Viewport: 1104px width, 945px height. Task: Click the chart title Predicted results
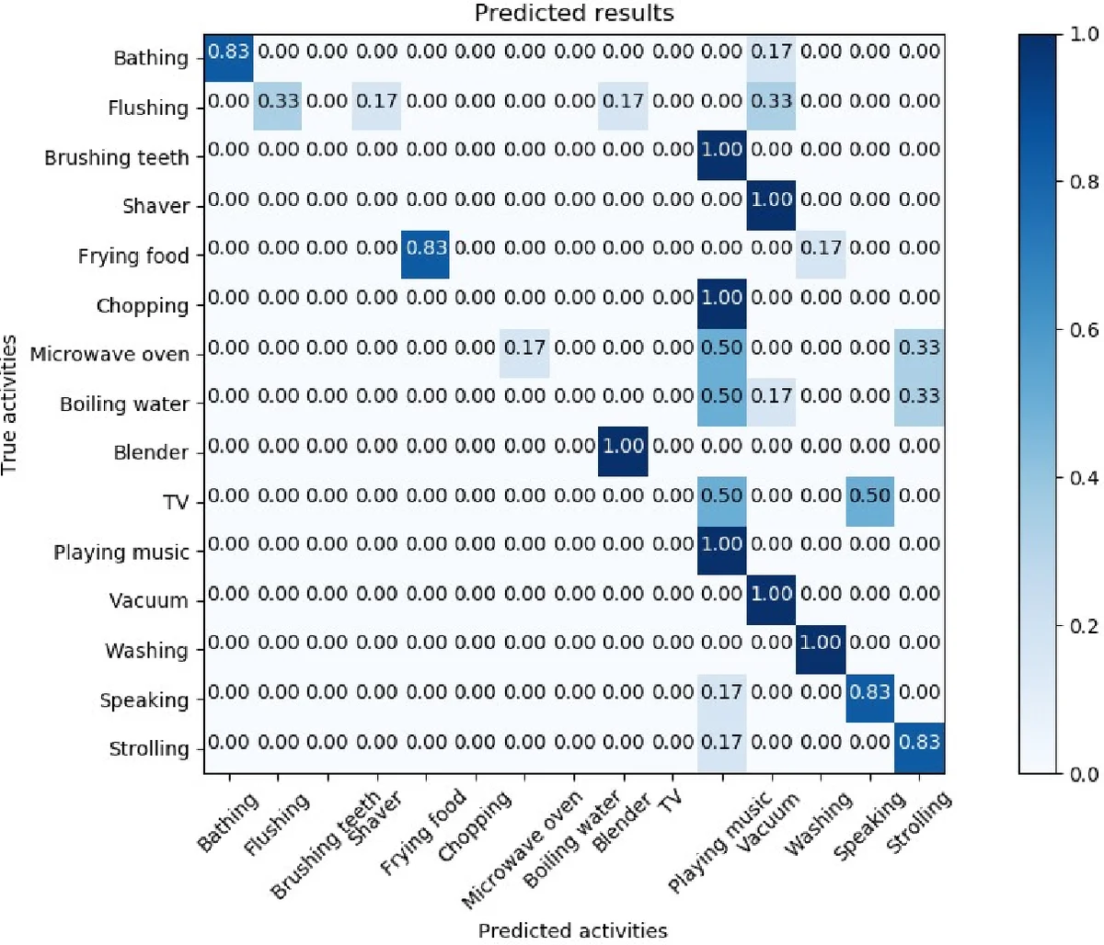pos(574,14)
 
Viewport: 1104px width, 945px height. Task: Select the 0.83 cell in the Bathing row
pos(229,51)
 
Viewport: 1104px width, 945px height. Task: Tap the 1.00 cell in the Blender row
pos(623,446)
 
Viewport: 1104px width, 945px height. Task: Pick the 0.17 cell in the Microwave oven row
pos(524,347)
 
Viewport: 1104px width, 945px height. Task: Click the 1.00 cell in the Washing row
pos(820,643)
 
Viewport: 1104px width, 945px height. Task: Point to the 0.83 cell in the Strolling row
pos(919,741)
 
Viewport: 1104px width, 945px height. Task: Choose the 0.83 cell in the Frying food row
pos(426,248)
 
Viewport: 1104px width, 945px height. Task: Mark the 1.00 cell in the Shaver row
pos(771,199)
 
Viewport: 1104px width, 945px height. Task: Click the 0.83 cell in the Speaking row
pos(869,692)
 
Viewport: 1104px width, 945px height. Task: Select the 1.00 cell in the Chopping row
pos(722,298)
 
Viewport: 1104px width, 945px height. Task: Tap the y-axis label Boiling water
pos(124,404)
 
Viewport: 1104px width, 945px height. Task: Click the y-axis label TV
pos(176,503)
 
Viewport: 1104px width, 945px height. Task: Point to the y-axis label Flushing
pos(148,108)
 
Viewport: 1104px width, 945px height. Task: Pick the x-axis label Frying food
pos(424,832)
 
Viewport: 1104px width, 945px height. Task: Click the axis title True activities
pos(10,404)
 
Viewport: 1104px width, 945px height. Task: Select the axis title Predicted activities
pos(572,930)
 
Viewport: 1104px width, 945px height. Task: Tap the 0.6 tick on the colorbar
pos(1086,330)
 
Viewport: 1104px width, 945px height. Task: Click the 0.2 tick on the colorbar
pos(1086,626)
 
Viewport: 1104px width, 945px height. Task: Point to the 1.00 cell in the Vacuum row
pos(771,594)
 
